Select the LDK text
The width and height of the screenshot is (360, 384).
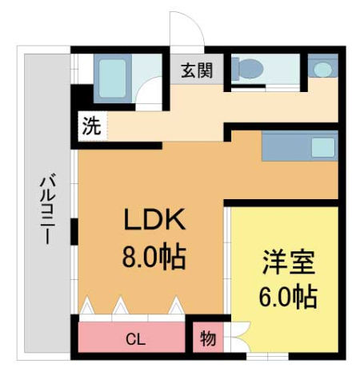(153, 220)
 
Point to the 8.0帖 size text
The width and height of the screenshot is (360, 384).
(153, 257)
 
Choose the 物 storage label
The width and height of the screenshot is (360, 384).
(207, 338)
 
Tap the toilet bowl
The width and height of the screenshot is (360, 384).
(250, 70)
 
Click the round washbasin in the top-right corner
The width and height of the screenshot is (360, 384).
(322, 70)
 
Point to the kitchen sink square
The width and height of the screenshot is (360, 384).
(323, 147)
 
